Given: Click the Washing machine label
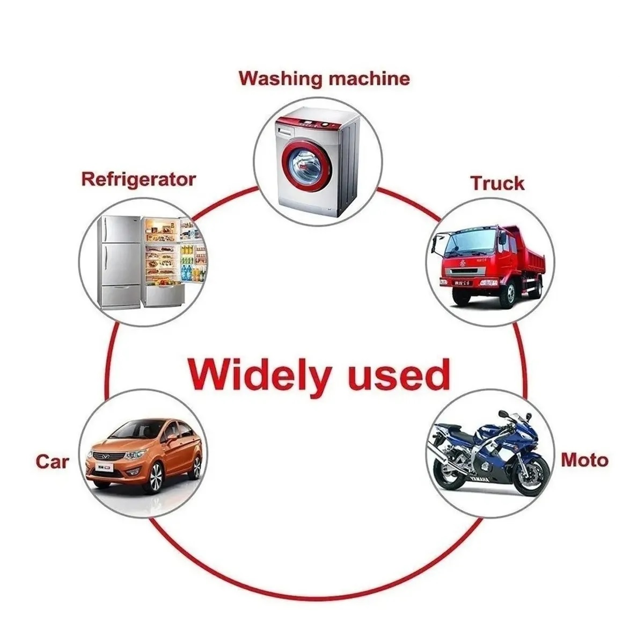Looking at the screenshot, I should coord(324,78).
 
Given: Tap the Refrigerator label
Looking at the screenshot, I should coord(138,179).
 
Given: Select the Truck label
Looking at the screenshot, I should coord(497,183).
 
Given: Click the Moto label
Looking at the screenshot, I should coord(584,460).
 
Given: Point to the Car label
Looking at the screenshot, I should coord(53,461).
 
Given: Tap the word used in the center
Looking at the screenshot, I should coord(398,374).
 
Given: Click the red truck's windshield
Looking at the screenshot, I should coord(465,243).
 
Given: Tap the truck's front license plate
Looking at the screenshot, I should coord(461,281).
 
